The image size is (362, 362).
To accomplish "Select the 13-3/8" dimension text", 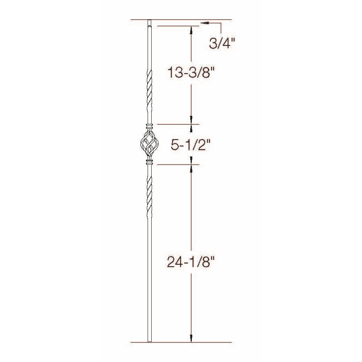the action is (x=189, y=72).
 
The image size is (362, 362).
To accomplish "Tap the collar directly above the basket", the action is (x=150, y=127).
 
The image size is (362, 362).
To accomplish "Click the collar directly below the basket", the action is (x=150, y=162).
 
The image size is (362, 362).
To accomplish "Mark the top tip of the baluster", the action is (x=150, y=20).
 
